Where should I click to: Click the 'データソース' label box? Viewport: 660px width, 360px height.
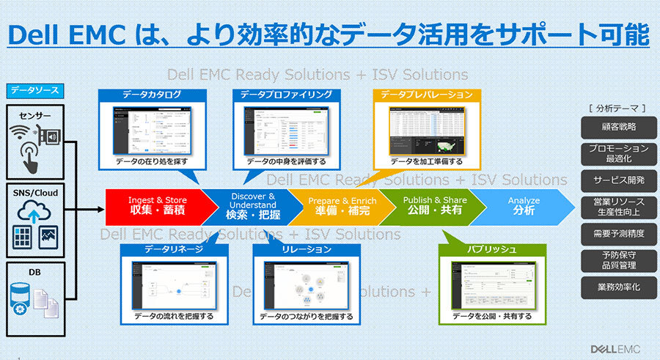34,91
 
